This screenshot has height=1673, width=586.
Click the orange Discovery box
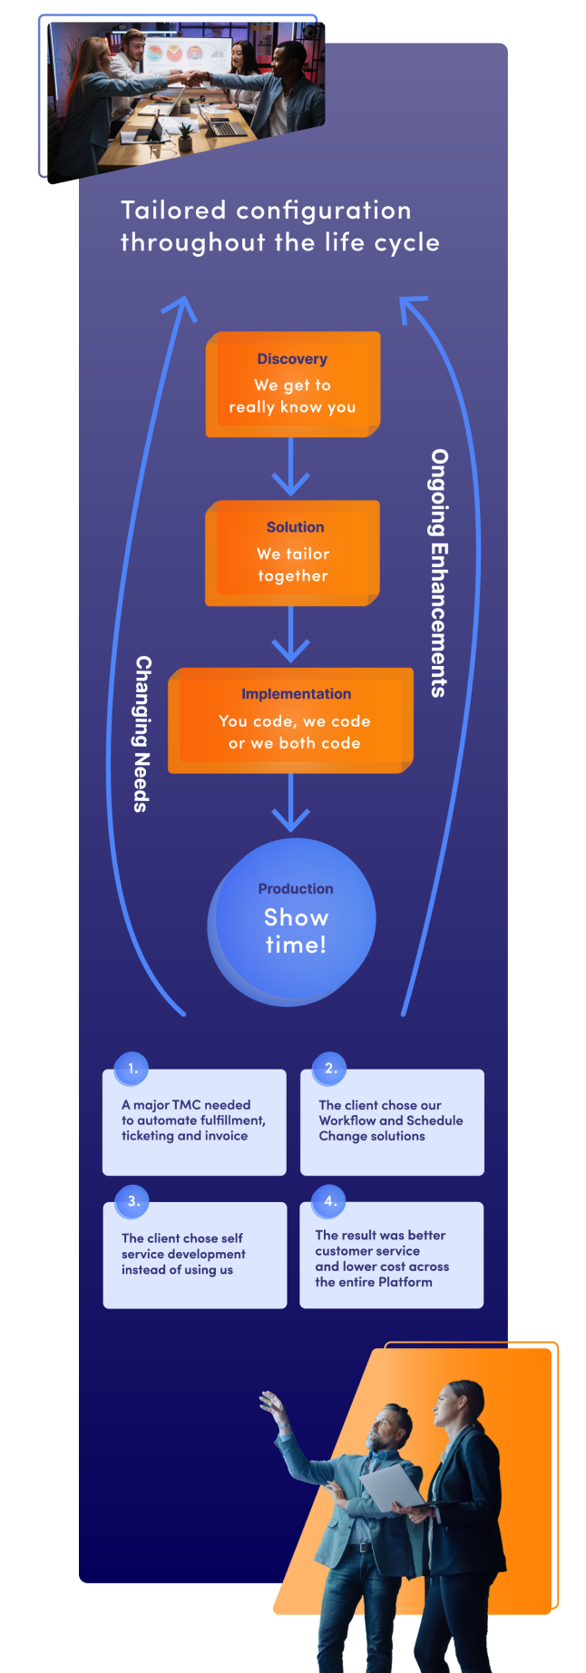click(x=292, y=385)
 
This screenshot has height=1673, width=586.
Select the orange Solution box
click(x=292, y=553)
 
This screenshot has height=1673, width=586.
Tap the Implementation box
click(x=290, y=720)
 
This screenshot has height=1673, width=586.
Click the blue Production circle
click(x=292, y=922)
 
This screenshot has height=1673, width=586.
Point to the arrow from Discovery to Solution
click(x=290, y=467)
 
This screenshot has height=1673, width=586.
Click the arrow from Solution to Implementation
click(x=290, y=635)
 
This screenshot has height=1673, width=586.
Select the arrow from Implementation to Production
click(x=290, y=804)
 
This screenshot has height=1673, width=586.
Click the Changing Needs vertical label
click(x=142, y=733)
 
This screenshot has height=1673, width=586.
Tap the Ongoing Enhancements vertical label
click(x=439, y=572)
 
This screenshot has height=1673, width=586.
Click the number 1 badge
click(x=132, y=1068)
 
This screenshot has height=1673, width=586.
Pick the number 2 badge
click(x=330, y=1068)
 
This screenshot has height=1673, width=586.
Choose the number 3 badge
click(x=132, y=1201)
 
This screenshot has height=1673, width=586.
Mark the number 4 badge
click(x=329, y=1201)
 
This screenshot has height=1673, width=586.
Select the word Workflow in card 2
click(x=346, y=1120)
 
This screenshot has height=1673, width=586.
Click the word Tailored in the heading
click(x=173, y=210)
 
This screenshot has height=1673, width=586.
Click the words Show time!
click(x=296, y=931)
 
